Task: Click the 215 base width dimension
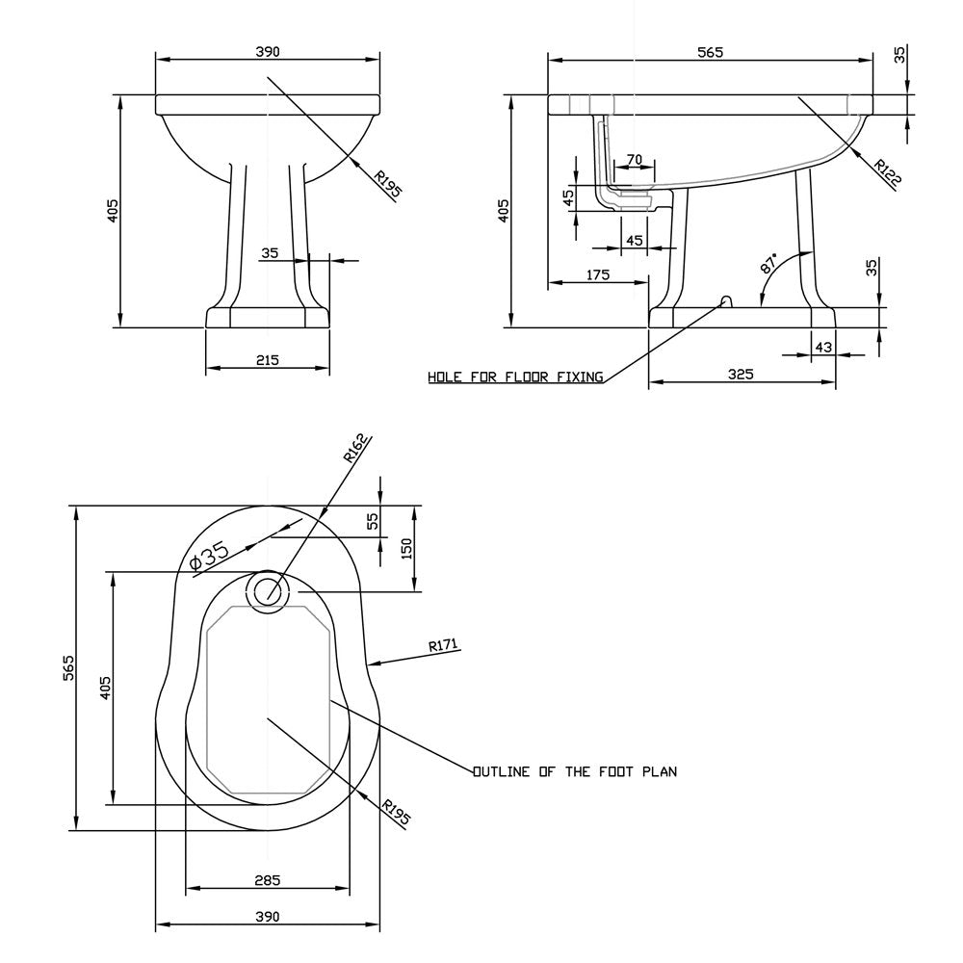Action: pyautogui.click(x=267, y=360)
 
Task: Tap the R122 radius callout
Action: pyautogui.click(x=888, y=172)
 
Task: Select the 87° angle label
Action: pyautogui.click(x=768, y=262)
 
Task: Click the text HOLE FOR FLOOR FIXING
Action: pyautogui.click(x=515, y=377)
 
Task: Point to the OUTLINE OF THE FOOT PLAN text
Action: pyautogui.click(x=575, y=771)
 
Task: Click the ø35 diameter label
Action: pyautogui.click(x=209, y=556)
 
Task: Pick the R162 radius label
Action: pyautogui.click(x=356, y=448)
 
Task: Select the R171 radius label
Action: pyautogui.click(x=443, y=645)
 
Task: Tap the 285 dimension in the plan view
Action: pyautogui.click(x=267, y=880)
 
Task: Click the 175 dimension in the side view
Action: pyautogui.click(x=598, y=274)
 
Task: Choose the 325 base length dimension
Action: pyautogui.click(x=741, y=374)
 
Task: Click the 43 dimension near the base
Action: pyautogui.click(x=823, y=347)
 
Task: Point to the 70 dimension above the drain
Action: pyautogui.click(x=635, y=160)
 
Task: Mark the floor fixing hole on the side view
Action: pyautogui.click(x=725, y=300)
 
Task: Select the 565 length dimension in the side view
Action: pyautogui.click(x=710, y=52)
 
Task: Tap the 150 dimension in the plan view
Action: pyautogui.click(x=406, y=549)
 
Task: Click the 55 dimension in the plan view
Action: pyautogui.click(x=373, y=521)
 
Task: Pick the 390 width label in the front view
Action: pyautogui.click(x=267, y=52)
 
